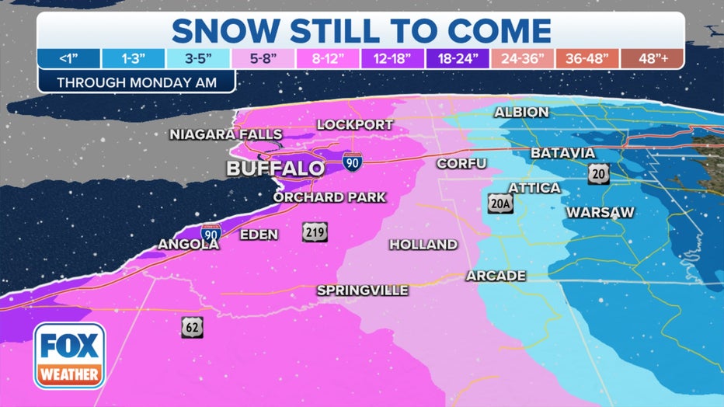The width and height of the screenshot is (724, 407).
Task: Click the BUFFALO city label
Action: (275, 169)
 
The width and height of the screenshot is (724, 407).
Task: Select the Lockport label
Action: (355, 125)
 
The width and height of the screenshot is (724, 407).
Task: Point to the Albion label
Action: (522, 113)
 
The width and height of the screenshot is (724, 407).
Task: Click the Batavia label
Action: (562, 153)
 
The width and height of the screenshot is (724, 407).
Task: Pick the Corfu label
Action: (461, 163)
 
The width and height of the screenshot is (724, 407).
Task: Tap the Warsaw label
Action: (600, 212)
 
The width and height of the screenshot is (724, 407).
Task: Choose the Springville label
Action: (362, 290)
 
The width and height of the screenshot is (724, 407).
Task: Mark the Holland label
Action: (423, 245)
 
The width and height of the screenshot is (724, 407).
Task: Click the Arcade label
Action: (496, 276)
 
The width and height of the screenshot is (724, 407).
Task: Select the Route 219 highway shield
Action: (316, 231)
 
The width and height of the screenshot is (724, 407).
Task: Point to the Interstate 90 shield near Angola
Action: (210, 232)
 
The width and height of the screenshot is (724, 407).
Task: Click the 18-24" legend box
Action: (458, 59)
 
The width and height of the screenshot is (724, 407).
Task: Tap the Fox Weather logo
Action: (69, 356)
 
